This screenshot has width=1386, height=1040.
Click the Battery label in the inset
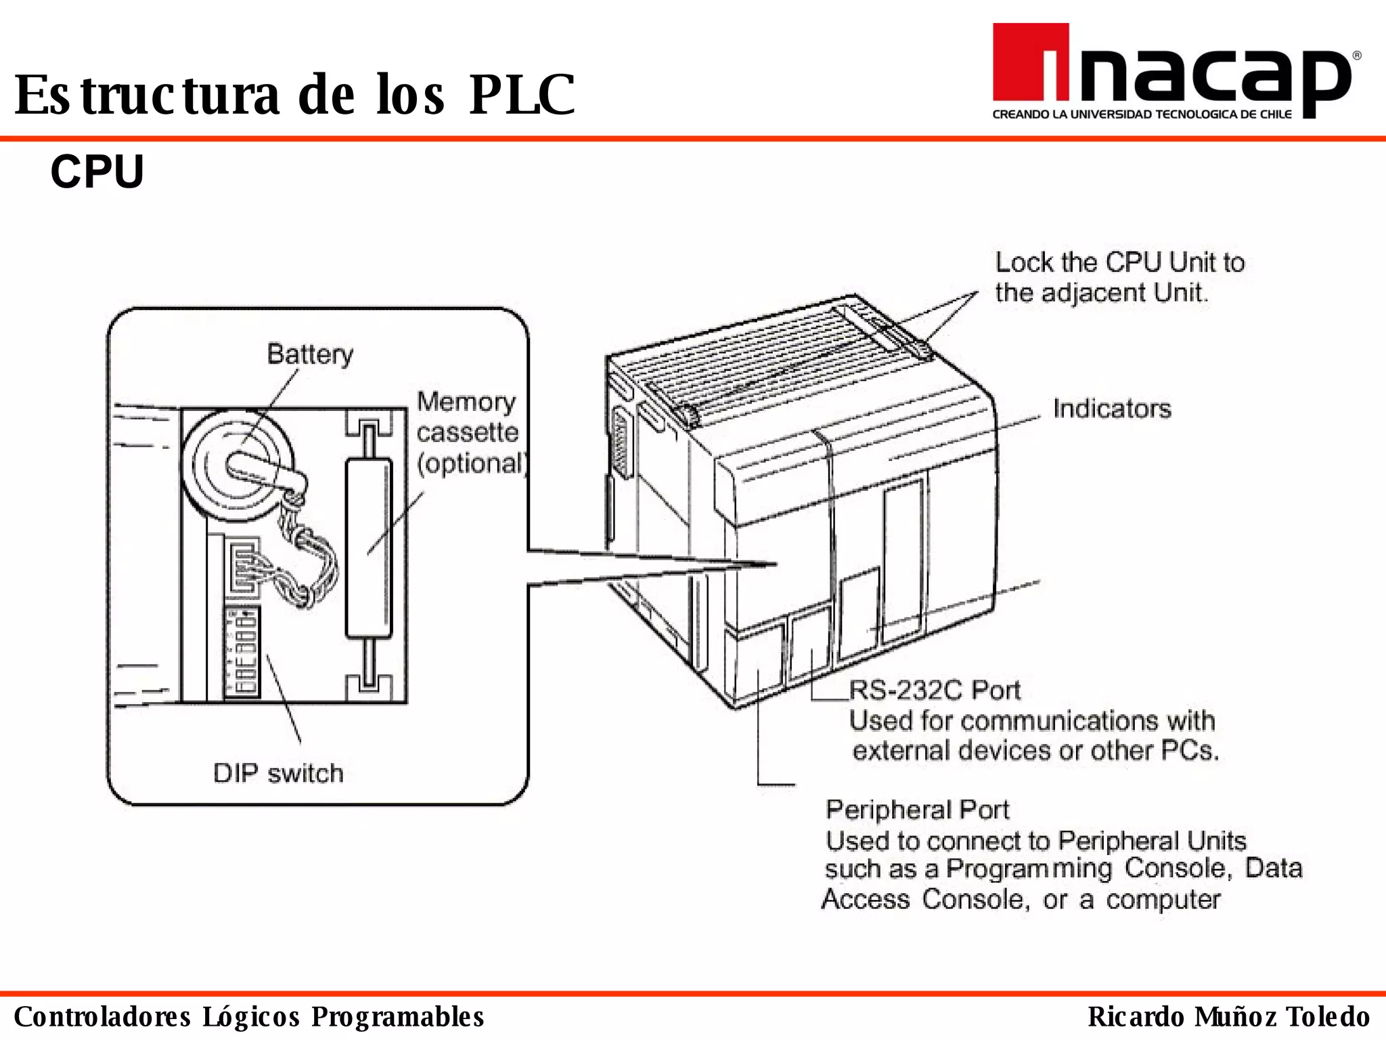[310, 354]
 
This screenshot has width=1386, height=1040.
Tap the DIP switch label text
[278, 773]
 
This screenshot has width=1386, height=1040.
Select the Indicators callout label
[1111, 409]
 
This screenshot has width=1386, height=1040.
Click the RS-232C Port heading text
[935, 690]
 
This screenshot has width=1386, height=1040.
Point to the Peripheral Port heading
[917, 810]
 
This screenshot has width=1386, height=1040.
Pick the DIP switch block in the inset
[242, 652]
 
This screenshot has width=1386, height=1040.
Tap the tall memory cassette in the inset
[369, 548]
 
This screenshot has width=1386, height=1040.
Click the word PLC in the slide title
[521, 95]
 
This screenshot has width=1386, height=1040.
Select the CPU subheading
[97, 172]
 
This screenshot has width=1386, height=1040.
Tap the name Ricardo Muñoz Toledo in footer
[1229, 1017]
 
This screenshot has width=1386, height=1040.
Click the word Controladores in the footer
[102, 1017]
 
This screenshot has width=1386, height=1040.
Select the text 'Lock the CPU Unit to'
[1119, 263]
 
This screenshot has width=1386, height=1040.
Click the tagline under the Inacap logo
[1142, 114]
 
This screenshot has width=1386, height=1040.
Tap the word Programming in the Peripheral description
[1029, 869]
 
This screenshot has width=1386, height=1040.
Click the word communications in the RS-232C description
[1059, 720]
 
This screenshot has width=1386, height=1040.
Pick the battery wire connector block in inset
[241, 564]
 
